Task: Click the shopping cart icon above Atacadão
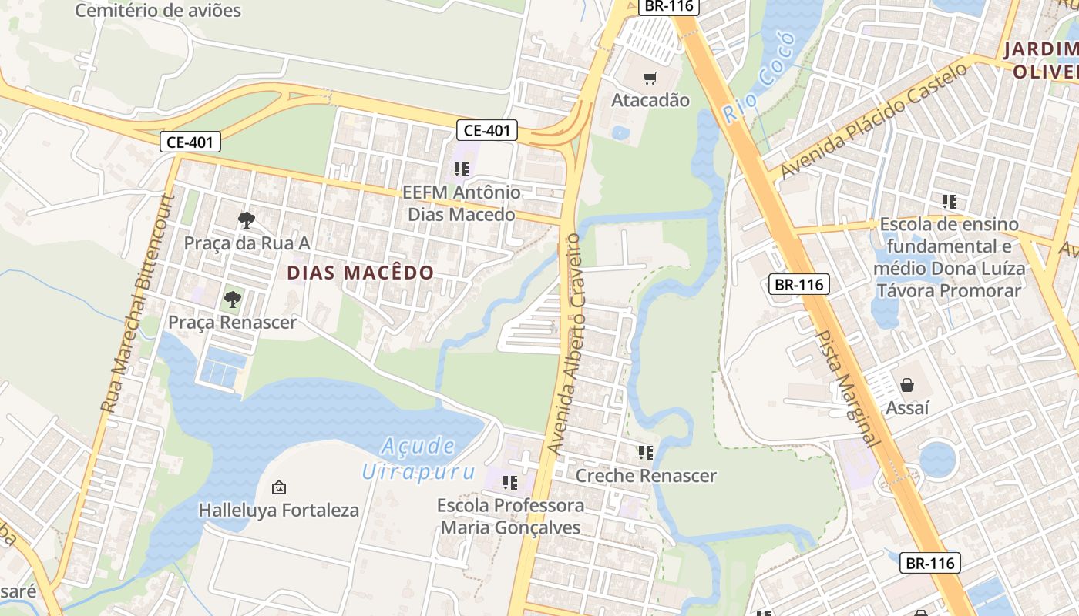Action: pyautogui.click(x=650, y=77)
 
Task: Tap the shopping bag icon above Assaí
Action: pyautogui.click(x=907, y=384)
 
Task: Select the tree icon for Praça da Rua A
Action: pyautogui.click(x=246, y=220)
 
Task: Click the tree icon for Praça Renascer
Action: pyautogui.click(x=232, y=300)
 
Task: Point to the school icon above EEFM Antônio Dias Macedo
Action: pyautogui.click(x=461, y=169)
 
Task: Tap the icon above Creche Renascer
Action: pyautogui.click(x=645, y=453)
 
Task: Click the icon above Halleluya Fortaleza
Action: pyautogui.click(x=279, y=487)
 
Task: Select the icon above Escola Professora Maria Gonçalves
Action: pyautogui.click(x=509, y=483)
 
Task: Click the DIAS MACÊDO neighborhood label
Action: pyautogui.click(x=361, y=273)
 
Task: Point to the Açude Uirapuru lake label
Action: pyautogui.click(x=418, y=458)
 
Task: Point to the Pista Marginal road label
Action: pyautogui.click(x=847, y=388)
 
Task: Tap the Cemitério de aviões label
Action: pyautogui.click(x=158, y=11)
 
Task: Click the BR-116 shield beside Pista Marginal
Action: pyautogui.click(x=799, y=285)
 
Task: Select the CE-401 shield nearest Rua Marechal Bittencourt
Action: pyautogui.click(x=190, y=142)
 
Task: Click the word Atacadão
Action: pyautogui.click(x=650, y=100)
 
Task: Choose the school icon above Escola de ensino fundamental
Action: pyautogui.click(x=949, y=202)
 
